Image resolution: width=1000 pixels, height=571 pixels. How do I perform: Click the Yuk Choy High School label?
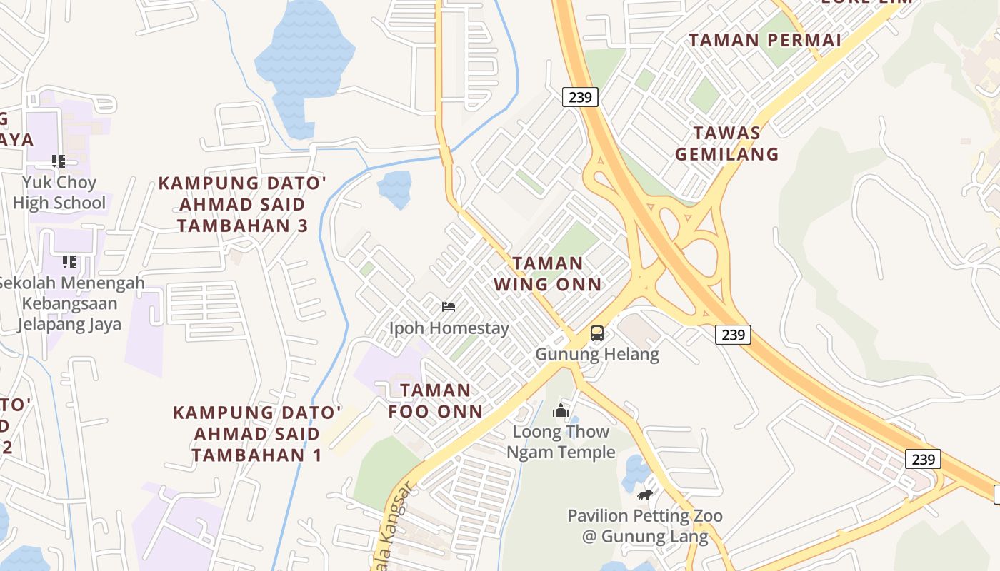coord(59,193)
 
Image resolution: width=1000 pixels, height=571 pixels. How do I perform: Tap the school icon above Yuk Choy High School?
coord(59,162)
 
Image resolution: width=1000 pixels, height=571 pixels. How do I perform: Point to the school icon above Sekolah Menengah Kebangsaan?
coord(69,262)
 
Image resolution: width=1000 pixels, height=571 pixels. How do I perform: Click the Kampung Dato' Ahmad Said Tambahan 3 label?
coord(242,204)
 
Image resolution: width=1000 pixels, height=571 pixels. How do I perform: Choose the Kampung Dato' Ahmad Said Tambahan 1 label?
coord(257,433)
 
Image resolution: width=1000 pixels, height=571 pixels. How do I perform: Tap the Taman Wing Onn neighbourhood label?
coord(548,273)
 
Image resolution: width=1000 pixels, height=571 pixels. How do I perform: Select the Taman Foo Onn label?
coord(436,400)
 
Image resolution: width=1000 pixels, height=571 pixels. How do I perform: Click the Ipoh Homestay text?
coord(449,328)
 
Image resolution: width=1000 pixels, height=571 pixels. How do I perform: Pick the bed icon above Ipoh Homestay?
coord(449,307)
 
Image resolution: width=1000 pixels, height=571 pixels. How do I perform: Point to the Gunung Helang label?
coord(597,353)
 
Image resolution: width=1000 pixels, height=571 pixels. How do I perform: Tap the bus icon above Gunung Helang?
coord(597,333)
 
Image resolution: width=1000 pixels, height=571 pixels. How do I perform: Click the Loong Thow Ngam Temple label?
coord(561,441)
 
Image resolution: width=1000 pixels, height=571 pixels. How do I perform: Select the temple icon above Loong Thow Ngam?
coord(561,411)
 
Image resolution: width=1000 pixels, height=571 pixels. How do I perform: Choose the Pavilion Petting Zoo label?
coord(645,525)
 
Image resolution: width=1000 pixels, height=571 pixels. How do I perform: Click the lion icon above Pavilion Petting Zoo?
coord(645,495)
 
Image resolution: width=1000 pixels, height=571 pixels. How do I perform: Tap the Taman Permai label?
coord(765,40)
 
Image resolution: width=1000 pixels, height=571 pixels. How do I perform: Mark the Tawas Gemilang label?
coord(727,143)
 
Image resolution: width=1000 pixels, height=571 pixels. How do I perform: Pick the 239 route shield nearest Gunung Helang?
coord(733,334)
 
